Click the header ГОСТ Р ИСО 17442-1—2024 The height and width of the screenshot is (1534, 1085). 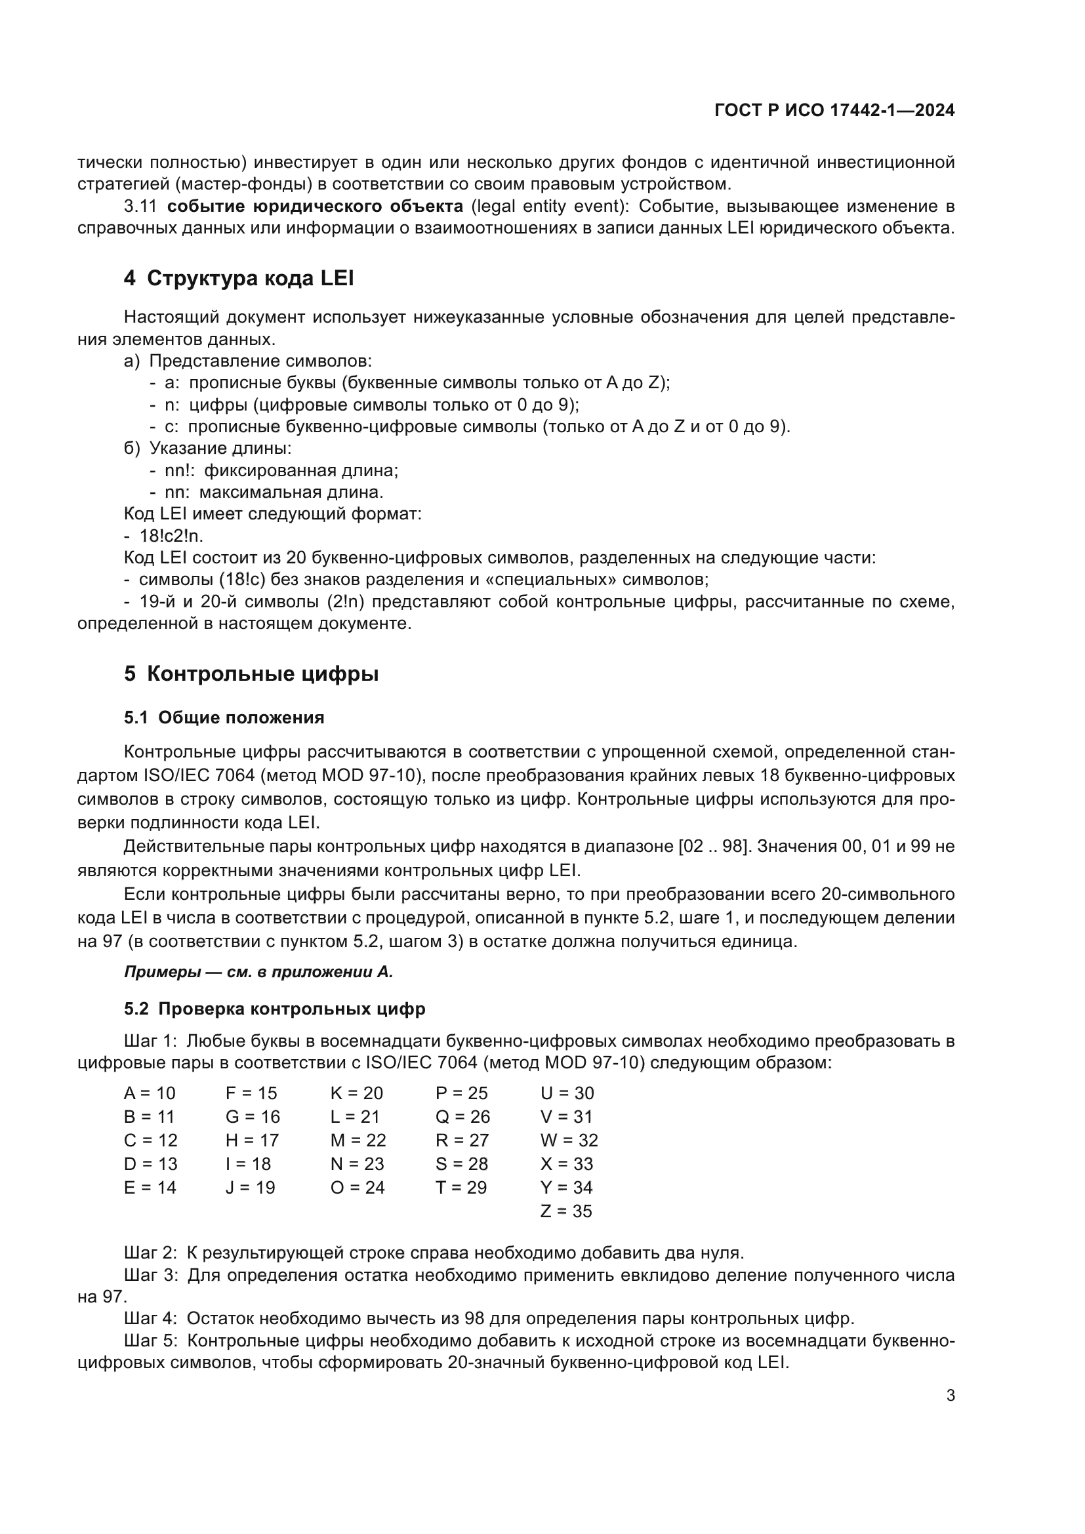pyautogui.click(x=834, y=110)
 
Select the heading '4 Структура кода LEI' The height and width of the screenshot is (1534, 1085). pyautogui.click(x=239, y=278)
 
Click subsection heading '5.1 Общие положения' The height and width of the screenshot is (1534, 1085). pyautogui.click(x=224, y=717)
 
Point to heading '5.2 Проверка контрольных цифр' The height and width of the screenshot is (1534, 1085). pyautogui.click(x=274, y=1008)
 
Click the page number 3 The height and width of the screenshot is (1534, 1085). pyautogui.click(x=950, y=1396)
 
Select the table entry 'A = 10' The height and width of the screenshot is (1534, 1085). pyautogui.click(x=149, y=1093)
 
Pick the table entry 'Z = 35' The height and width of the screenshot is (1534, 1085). pyautogui.click(x=566, y=1211)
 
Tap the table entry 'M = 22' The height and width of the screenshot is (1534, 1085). pyautogui.click(x=358, y=1140)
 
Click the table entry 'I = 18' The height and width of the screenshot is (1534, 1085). pyautogui.click(x=248, y=1164)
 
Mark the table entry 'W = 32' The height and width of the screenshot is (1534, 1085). pyautogui.click(x=569, y=1140)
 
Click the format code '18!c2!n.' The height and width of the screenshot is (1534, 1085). pyautogui.click(x=171, y=536)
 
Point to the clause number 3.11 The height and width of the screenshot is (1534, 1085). pyautogui.click(x=140, y=206)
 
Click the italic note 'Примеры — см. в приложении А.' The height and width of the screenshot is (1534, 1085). pyautogui.click(x=258, y=972)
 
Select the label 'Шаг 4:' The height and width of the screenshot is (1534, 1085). pyautogui.click(x=150, y=1318)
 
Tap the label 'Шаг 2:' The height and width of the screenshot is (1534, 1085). pyautogui.click(x=150, y=1253)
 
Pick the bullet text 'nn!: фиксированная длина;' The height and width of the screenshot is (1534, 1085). pyautogui.click(x=281, y=470)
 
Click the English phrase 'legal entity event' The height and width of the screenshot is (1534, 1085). pyautogui.click(x=550, y=206)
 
